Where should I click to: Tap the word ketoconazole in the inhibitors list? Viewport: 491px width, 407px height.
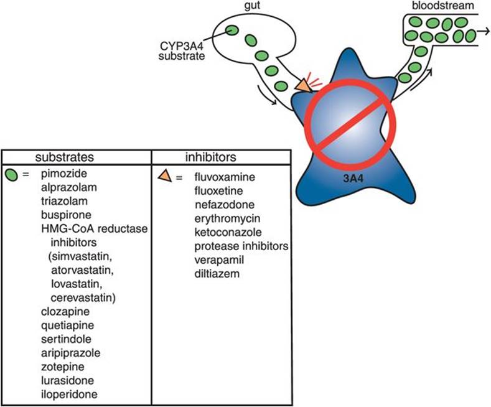point(223,233)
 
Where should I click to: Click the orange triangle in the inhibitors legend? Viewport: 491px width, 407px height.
point(164,177)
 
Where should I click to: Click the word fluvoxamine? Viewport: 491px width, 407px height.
point(222,177)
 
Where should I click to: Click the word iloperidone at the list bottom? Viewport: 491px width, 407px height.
point(65,394)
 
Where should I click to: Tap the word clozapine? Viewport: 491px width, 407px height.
point(61,311)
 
